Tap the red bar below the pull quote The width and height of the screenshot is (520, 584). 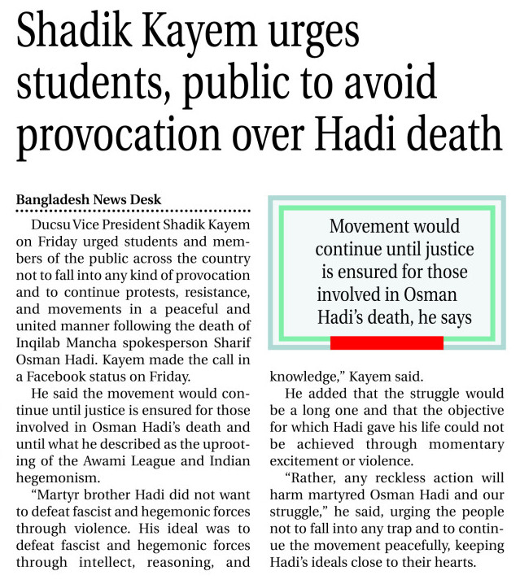387,342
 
